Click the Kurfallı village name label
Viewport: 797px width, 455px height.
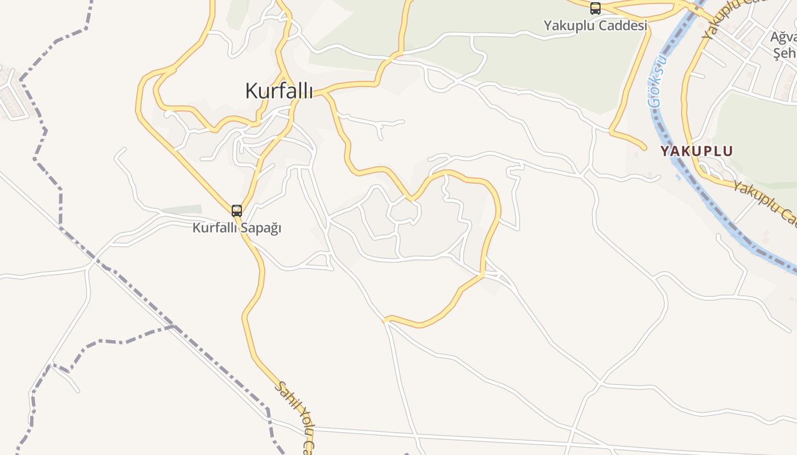[x=279, y=90]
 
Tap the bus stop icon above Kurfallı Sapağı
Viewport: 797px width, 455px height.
[x=237, y=211]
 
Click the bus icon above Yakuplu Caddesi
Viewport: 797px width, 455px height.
[x=595, y=9]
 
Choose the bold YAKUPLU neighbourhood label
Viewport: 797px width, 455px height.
[x=696, y=151]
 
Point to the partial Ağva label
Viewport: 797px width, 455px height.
[x=783, y=38]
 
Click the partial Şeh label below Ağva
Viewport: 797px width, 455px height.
[x=784, y=53]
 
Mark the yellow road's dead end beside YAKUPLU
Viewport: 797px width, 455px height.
[x=644, y=148]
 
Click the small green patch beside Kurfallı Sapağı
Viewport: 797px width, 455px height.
[x=182, y=209]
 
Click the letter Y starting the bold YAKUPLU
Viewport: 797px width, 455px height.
[x=665, y=151]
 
